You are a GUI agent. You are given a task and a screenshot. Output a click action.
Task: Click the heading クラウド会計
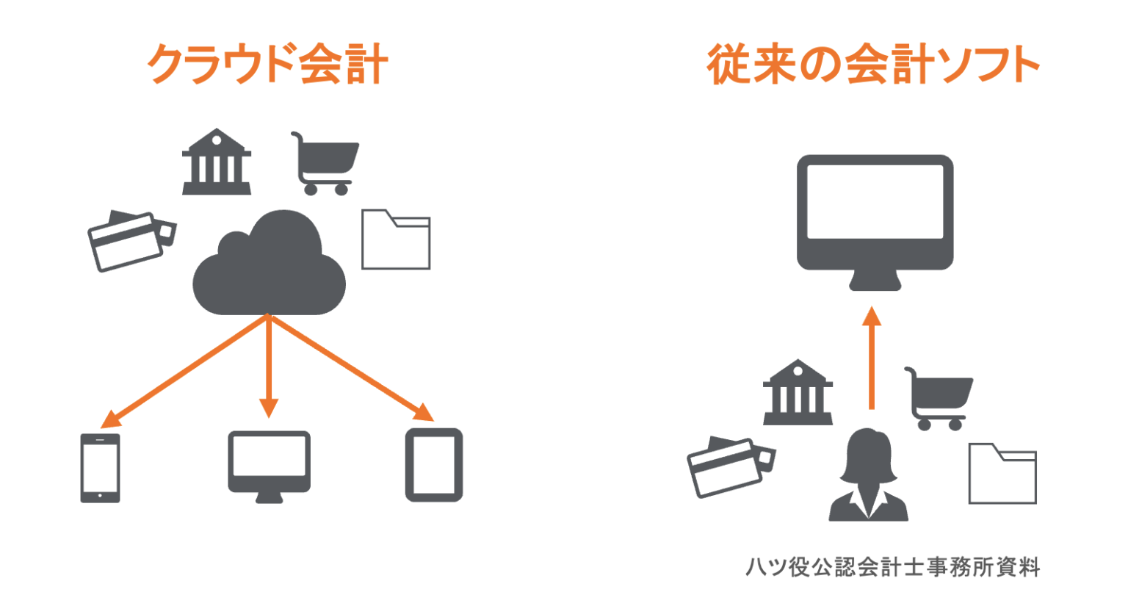point(267,65)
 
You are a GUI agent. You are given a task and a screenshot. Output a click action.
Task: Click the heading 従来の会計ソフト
point(872,65)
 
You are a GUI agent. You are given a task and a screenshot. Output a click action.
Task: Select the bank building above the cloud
point(217,163)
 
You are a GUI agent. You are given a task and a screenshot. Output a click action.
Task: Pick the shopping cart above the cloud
point(325,163)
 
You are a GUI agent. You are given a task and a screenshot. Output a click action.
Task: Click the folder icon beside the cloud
point(396,240)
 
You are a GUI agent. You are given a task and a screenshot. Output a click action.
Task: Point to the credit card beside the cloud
point(131,241)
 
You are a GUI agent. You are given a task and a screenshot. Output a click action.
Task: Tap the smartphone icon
point(100,468)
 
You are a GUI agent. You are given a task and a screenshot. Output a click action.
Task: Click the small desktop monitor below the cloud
point(269,464)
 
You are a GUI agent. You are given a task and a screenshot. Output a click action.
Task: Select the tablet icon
point(434,465)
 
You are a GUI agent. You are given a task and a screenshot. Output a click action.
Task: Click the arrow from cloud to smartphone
point(184,372)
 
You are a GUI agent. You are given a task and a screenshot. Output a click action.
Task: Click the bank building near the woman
point(798,393)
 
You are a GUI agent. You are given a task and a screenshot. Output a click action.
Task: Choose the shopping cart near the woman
point(939,397)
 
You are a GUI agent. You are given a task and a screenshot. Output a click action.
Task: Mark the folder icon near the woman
point(1002,475)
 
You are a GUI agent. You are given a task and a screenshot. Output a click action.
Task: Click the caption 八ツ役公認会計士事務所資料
point(892,567)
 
